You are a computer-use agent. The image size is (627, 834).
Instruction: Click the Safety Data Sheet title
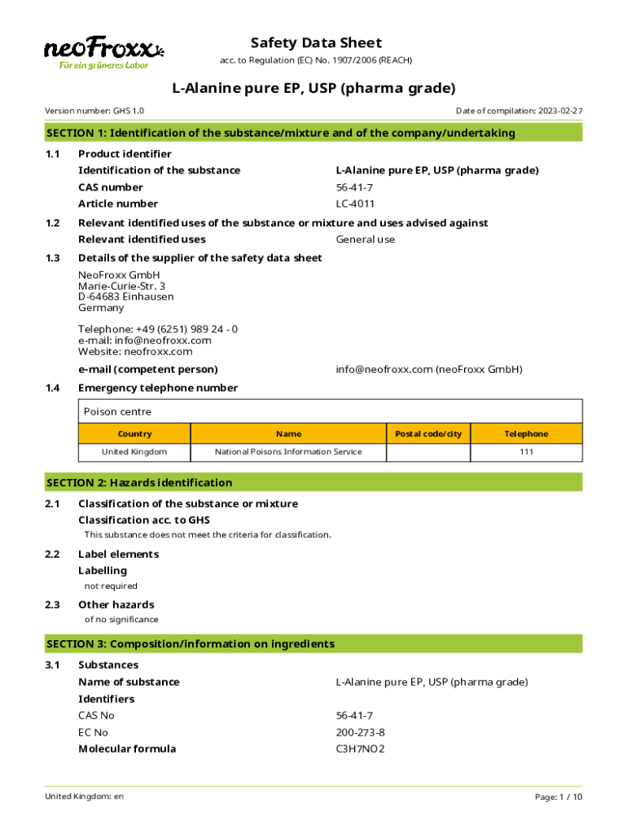pyautogui.click(x=316, y=43)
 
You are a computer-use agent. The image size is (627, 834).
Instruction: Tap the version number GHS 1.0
pyautogui.click(x=129, y=111)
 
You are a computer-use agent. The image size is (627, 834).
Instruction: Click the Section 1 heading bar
pyautogui.click(x=313, y=133)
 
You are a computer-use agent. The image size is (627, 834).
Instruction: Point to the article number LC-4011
pyautogui.click(x=355, y=204)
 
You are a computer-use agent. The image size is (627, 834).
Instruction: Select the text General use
pyautogui.click(x=365, y=239)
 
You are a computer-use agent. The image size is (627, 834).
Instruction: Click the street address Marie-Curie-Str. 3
pyautogui.click(x=121, y=286)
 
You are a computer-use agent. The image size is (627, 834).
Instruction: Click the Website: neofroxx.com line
pyautogui.click(x=135, y=352)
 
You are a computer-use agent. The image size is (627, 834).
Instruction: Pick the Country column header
pyautogui.click(x=134, y=434)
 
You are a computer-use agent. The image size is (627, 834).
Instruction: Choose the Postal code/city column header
pyautogui.click(x=428, y=434)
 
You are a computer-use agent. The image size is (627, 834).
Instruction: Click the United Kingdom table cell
pyautogui.click(x=134, y=452)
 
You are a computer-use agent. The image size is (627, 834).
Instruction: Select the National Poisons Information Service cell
pyautogui.click(x=288, y=452)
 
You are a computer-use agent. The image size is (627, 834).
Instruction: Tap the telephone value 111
pyautogui.click(x=526, y=452)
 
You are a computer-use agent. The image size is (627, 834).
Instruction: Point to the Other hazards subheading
pyautogui.click(x=116, y=604)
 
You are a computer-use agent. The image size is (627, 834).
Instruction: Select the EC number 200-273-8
pyautogui.click(x=360, y=732)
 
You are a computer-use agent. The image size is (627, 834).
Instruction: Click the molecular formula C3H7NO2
pyautogui.click(x=360, y=748)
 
